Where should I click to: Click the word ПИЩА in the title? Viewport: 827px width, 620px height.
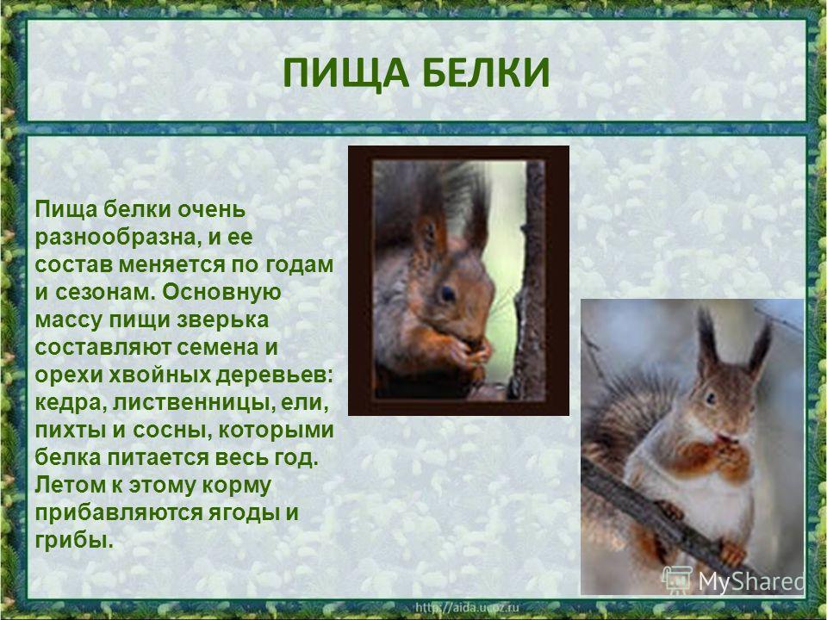[346, 72]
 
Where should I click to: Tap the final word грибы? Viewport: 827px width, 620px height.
[74, 541]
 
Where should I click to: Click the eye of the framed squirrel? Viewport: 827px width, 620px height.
[447, 294]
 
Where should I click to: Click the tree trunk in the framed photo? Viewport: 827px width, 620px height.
[530, 279]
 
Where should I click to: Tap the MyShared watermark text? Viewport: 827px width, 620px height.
[750, 581]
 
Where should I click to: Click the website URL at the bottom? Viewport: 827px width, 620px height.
[467, 607]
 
